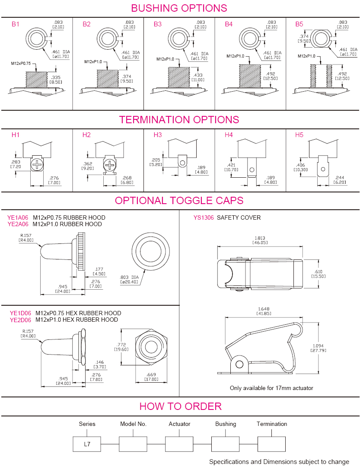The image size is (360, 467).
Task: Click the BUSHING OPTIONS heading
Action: tap(179, 8)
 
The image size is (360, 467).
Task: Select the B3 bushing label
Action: tap(157, 24)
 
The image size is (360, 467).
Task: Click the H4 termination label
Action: tap(229, 135)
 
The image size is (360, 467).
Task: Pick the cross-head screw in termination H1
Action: tap(37, 164)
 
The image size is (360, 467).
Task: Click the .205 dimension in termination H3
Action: tap(156, 159)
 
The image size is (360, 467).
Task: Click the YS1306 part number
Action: tap(204, 218)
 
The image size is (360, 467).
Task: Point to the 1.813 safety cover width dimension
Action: tap(261, 238)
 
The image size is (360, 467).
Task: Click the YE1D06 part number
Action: tap(20, 313)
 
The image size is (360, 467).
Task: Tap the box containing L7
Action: tap(87, 444)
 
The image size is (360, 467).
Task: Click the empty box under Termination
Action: tap(271, 444)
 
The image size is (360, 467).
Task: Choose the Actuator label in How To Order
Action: tap(179, 424)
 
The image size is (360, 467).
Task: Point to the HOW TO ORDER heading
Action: tap(180, 406)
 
